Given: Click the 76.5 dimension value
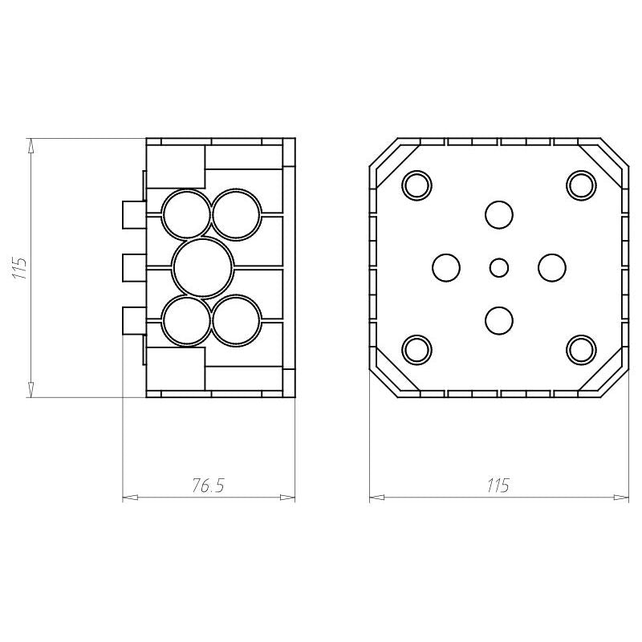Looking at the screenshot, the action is coord(209,486).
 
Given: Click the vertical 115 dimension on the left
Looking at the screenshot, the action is coord(19,268).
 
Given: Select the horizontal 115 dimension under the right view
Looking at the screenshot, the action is coord(498,486).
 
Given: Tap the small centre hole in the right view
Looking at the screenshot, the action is coord(499,268).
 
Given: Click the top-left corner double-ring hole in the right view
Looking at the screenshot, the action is coord(417,185).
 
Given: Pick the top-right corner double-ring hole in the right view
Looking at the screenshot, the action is coord(581,185).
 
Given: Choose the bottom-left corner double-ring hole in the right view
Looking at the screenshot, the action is coord(417,350).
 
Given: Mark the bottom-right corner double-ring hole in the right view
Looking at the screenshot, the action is coord(581,350).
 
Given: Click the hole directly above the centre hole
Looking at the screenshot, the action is coord(499,215).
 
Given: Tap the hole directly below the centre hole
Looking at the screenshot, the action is coord(499,320).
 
